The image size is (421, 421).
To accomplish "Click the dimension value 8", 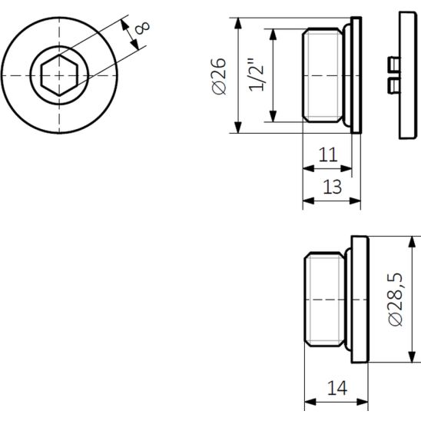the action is tap(142, 28).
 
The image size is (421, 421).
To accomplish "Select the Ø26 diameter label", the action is tap(220, 76).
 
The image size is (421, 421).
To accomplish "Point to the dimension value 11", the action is tap(328, 154).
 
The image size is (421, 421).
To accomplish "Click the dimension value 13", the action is tap(333, 187).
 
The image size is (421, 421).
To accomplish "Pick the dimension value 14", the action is tap(337, 388).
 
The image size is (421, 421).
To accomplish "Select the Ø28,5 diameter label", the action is tap(396, 300).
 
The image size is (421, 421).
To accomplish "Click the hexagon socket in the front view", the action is tap(59, 75).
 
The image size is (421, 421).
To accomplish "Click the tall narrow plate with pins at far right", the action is tap(408, 75).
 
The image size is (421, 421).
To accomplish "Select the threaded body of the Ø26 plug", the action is tap(323, 75).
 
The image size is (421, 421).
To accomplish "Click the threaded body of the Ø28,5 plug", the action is tap(324, 300).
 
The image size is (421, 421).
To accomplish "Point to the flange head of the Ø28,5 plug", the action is tap(360, 300).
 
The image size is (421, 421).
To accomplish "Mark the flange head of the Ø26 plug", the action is tap(356, 75).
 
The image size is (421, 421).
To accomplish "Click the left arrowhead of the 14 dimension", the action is tap(310, 403).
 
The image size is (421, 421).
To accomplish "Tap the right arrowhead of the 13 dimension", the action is tap(355, 201).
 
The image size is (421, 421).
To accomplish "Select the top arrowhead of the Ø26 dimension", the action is tap(238, 23).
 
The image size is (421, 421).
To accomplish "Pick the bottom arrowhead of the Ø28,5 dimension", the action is tap(412, 357).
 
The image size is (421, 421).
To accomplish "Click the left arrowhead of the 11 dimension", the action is tap(308, 168).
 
